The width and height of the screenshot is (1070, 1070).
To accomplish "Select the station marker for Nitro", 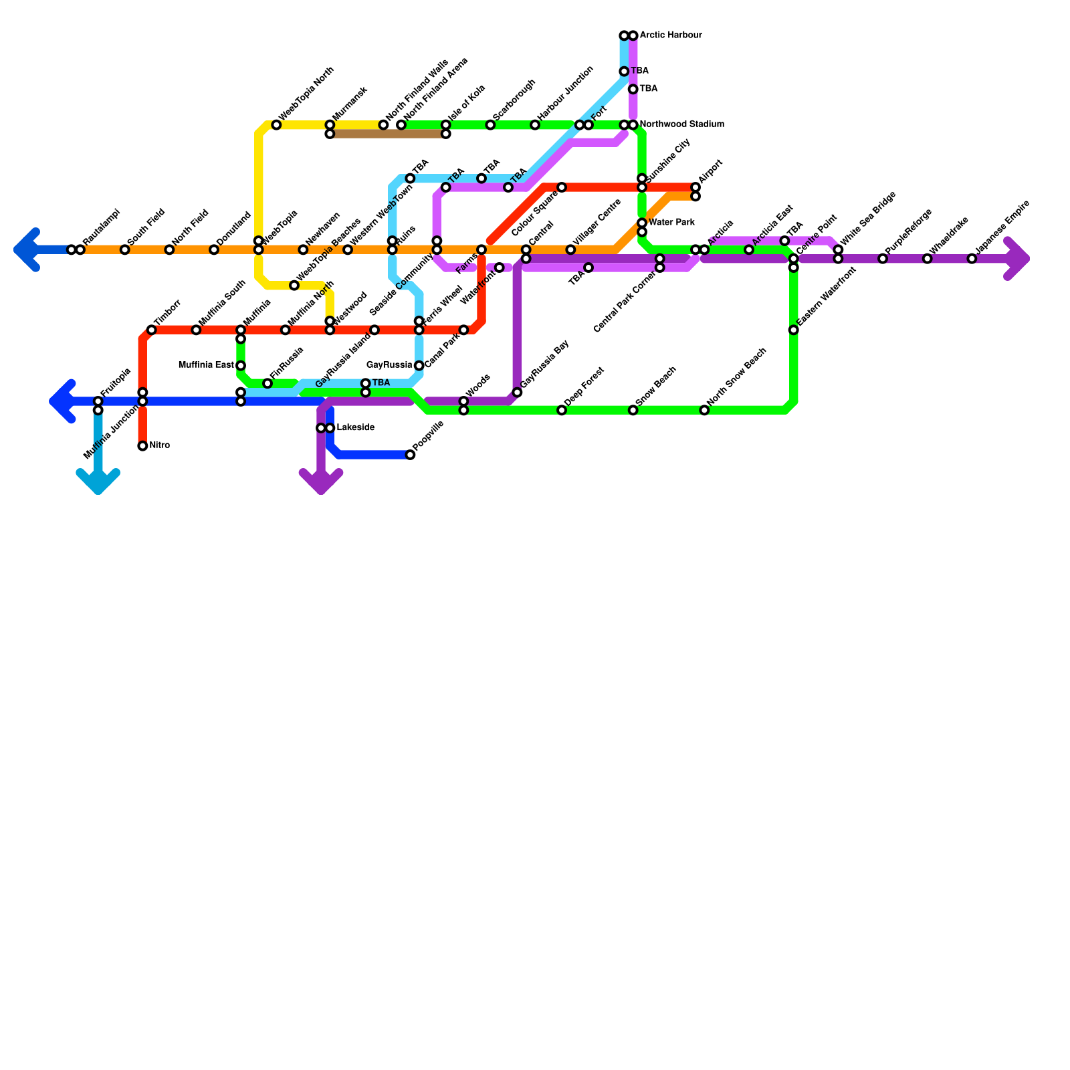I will coord(142,446).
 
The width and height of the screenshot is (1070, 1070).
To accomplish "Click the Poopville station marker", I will coord(410,455).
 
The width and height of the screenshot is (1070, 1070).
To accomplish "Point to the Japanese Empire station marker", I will coord(972,259).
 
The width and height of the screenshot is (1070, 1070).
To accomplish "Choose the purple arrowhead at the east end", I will coord(1018,259).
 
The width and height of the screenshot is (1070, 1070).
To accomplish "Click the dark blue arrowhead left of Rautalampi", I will coord(27,250).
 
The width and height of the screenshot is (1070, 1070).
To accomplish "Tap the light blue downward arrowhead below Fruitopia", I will coord(98,481).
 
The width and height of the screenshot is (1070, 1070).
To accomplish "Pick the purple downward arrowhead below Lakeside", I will coord(321,481).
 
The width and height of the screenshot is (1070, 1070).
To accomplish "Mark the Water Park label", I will coord(671,223).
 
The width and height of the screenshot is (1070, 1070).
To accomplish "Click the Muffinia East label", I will coord(206,365).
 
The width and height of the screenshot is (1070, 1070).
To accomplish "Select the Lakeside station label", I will coord(355,428).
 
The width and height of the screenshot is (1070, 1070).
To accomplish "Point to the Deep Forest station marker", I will coord(562,410).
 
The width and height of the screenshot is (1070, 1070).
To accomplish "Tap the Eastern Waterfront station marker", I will coord(793,330).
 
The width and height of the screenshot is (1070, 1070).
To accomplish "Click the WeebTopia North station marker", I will coord(276,125).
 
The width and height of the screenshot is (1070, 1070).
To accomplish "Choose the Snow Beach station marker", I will coord(633,410).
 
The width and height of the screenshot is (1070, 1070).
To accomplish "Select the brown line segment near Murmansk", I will coord(388,134).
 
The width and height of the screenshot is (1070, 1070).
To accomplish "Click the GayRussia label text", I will coord(389,365).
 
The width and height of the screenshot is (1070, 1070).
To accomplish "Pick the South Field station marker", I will coord(125,250).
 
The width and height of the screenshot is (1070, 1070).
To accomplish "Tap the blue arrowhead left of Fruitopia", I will coord(62,401).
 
